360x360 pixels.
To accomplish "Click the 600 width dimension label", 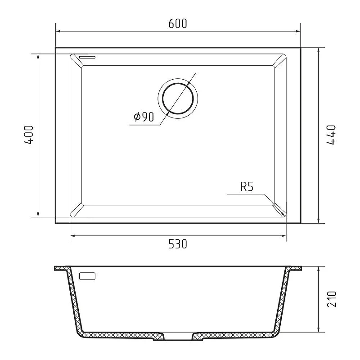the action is (x=178, y=24).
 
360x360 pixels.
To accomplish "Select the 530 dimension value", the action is (x=178, y=244).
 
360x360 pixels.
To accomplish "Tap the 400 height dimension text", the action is (x=28, y=135).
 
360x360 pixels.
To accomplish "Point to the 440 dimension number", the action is (x=331, y=135).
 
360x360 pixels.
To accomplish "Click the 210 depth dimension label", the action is (x=332, y=299).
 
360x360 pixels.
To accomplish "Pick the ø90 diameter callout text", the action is (x=144, y=117).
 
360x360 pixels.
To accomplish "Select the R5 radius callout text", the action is (x=247, y=187).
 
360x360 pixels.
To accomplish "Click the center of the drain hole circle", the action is (x=178, y=99).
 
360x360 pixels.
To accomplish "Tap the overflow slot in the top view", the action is (x=87, y=57).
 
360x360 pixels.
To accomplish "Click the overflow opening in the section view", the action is (x=87, y=276).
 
